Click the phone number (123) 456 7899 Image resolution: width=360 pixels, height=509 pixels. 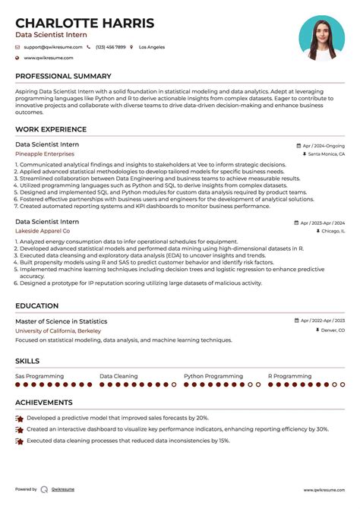coord(110,47)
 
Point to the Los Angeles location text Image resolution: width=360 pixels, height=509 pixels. coord(152,47)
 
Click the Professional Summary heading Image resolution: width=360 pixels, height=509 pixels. coord(63,76)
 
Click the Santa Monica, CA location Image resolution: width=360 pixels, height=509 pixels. coord(326,154)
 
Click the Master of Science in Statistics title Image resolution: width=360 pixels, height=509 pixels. coord(62,321)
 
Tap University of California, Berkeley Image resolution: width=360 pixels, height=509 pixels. coord(58,330)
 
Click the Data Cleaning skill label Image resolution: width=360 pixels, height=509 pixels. coord(118,376)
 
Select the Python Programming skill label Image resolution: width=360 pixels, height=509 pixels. coord(213,376)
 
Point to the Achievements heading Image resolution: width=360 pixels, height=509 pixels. coord(44,403)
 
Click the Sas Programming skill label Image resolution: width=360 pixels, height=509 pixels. coord(39,376)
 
